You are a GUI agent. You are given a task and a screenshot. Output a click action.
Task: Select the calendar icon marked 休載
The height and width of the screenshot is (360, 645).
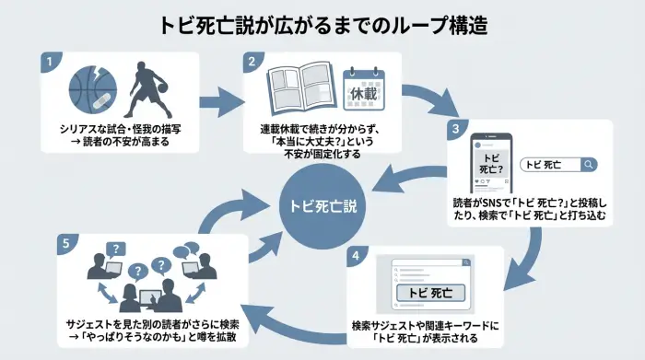click(x=361, y=90)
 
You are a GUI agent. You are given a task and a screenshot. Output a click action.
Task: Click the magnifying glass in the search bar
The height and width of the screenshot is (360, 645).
click(x=589, y=165)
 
